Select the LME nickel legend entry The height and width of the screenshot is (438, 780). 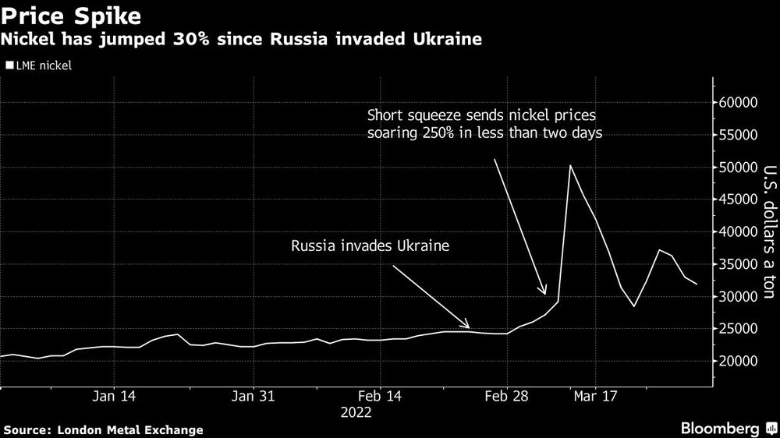[x=39, y=66]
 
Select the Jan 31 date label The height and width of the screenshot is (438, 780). [x=254, y=397]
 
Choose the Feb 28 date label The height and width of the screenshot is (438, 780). [x=506, y=397]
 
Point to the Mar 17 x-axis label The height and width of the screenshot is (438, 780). [x=595, y=397]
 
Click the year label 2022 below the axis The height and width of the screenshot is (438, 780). [x=356, y=413]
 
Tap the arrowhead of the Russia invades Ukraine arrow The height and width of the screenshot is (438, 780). [x=467, y=327]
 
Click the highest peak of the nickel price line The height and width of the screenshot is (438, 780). [x=570, y=165]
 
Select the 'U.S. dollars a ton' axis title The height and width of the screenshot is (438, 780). [x=768, y=232]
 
